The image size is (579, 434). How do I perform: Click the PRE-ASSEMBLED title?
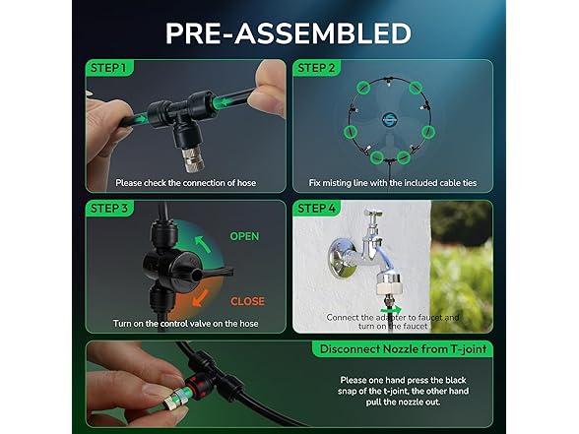pos(289,33)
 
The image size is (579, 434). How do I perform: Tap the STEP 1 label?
pos(108,68)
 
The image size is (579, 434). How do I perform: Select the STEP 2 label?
pos(316,68)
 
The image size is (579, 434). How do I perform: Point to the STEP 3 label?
pos(109,209)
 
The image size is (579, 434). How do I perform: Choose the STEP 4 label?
pos(316,209)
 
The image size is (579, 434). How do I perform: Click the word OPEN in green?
pos(244,236)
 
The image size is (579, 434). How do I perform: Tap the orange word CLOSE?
pos(247,301)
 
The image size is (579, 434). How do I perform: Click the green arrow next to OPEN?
pos(203,244)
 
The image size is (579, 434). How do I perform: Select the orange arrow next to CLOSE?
pos(200,298)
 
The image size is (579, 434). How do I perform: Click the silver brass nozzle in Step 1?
pos(192,158)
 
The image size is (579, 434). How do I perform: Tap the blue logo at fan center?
pos(389,118)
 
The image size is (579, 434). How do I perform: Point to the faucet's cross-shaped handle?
pos(373,216)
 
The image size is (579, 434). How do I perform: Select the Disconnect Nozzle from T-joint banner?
pos(404,349)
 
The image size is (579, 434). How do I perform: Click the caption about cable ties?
pos(393,183)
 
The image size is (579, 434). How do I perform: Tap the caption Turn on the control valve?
pos(186,324)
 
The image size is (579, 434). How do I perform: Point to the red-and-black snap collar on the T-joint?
pos(195,382)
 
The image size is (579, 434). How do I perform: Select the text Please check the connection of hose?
pos(186,183)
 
